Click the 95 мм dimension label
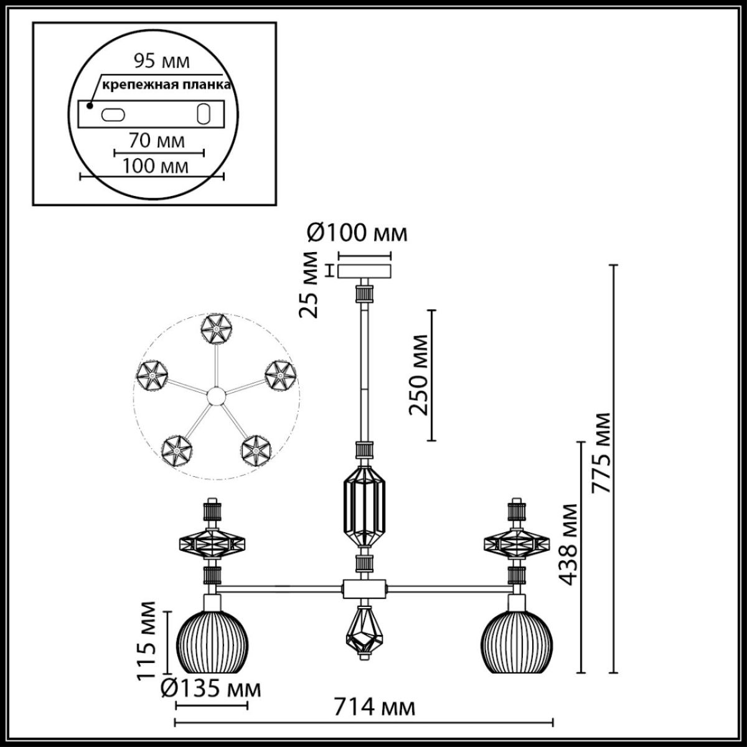[162, 62]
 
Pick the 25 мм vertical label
[309, 284]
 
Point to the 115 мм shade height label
[148, 639]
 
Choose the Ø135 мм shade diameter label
[210, 689]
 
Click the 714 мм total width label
[374, 708]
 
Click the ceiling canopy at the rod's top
[365, 272]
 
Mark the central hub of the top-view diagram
[216, 396]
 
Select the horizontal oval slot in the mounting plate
[113, 115]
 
